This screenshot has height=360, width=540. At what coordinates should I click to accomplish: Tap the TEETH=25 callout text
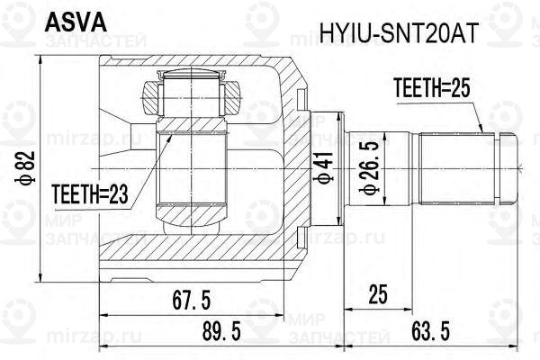pos(433,88)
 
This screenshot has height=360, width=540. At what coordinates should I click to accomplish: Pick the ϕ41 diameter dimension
pos(320,167)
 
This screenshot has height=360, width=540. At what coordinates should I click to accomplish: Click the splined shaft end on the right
pos(459,167)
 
